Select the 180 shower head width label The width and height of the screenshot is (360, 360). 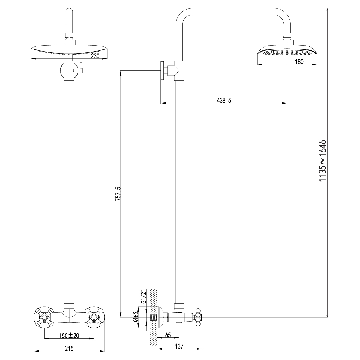[299, 62]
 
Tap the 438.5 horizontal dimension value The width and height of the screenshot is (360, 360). [224, 101]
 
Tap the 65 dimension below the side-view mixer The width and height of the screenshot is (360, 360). [168, 335]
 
